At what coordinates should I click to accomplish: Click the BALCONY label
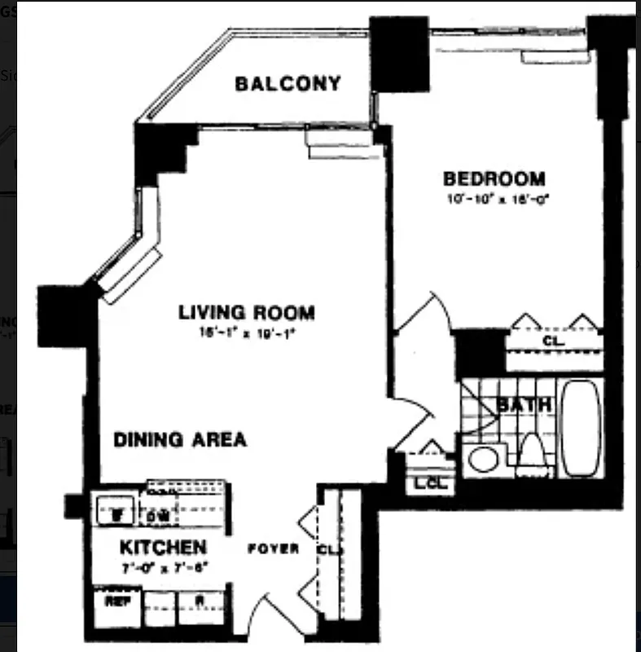click(x=288, y=84)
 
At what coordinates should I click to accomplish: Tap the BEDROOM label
click(x=494, y=178)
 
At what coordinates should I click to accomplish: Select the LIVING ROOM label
click(x=246, y=312)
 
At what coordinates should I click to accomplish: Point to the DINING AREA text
click(x=179, y=440)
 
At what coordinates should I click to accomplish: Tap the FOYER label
click(x=274, y=549)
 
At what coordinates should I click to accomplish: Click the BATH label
click(x=524, y=404)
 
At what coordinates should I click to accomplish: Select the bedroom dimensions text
click(x=494, y=198)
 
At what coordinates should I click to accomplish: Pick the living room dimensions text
click(x=245, y=332)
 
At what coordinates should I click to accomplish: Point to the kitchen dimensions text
click(x=163, y=566)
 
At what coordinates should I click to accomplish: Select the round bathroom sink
click(x=483, y=459)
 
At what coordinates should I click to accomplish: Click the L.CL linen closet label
click(x=429, y=482)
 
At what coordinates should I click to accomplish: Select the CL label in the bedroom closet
click(x=552, y=340)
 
